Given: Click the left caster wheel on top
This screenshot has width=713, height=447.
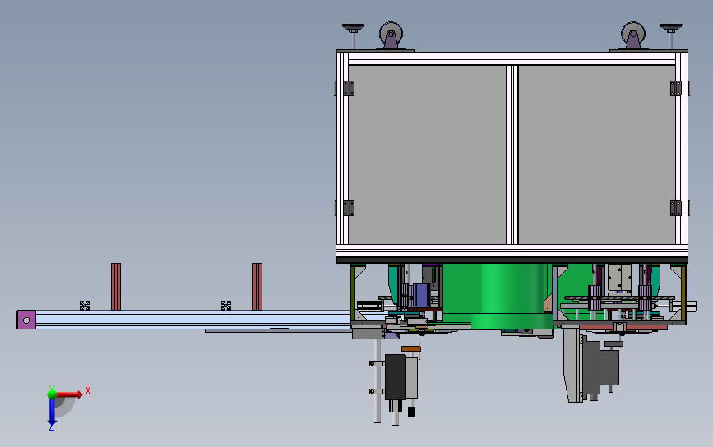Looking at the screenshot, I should pos(391,36).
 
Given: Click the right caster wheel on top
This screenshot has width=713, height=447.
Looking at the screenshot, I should pos(632,37).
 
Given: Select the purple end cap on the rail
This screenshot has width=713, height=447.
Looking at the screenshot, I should pos(26,320).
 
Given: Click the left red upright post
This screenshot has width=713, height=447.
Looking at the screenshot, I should pos(116,286).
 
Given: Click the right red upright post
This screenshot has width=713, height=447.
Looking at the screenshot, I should pos(257,286).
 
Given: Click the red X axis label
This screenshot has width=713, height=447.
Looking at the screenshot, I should pos(88,390).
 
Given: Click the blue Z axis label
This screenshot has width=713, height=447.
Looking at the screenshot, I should pos(51,426).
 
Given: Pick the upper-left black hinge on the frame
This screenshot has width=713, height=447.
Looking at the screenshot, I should pos(347,87).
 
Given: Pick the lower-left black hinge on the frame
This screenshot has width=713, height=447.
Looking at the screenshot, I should pos(347,208).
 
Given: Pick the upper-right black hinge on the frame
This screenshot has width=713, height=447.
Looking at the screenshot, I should pos(677,87).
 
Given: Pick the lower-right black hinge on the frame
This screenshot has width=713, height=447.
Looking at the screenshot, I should pos(676,208).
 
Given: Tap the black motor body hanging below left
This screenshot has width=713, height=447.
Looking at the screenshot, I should pos(396,377).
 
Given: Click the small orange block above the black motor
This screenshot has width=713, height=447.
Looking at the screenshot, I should pos(411,349).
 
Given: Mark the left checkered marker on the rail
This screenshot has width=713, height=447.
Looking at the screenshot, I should pos(84,305).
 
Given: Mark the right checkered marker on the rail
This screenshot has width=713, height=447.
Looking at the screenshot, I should pos(226,305).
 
